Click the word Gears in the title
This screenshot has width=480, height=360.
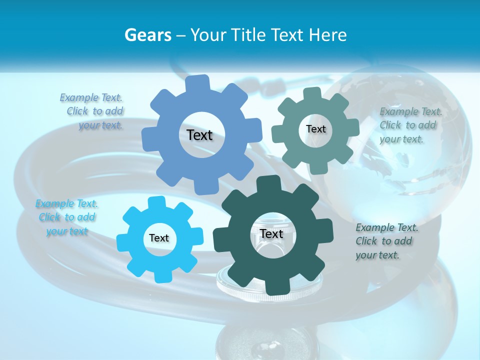147,35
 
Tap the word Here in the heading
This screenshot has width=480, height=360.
327,35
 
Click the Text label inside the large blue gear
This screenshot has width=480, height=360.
199,135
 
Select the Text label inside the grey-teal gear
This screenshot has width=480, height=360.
315,129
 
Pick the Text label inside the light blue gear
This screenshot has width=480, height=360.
159,238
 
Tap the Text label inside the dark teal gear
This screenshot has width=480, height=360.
271,234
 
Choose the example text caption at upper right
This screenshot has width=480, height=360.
410,125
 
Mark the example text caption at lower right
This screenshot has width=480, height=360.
386,241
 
